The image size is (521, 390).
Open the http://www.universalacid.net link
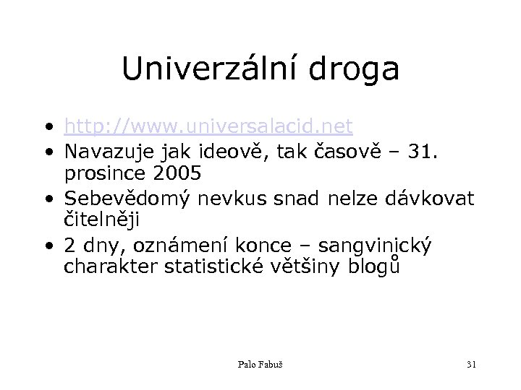click(208, 128)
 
